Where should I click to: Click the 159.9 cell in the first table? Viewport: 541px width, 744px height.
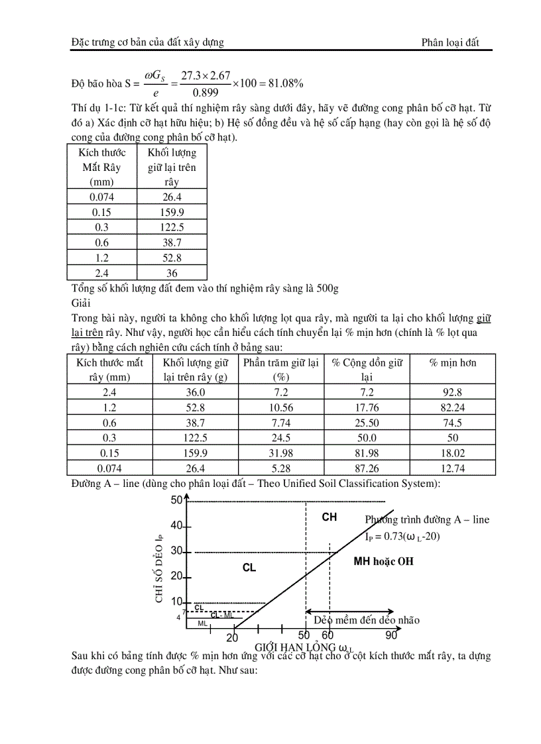[x=172, y=212]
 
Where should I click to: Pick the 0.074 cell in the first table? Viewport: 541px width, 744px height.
[x=101, y=197]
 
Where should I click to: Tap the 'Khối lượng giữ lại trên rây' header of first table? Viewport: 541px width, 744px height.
[x=172, y=167]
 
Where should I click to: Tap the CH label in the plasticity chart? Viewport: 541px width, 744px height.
[x=330, y=517]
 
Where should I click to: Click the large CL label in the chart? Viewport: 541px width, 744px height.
[x=249, y=568]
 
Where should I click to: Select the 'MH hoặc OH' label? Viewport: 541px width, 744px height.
[x=384, y=561]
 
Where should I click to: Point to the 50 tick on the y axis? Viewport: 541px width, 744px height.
[x=176, y=500]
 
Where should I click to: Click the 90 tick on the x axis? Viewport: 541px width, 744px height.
[x=391, y=635]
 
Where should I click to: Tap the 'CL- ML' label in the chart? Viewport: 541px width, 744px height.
[x=222, y=615]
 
